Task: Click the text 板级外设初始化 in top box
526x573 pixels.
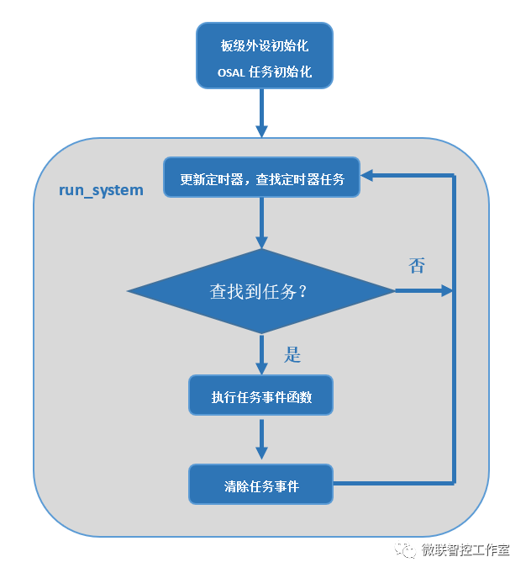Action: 265,46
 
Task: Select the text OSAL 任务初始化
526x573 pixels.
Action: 265,72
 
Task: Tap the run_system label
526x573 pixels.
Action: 101,190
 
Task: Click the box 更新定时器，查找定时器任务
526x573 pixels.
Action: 261,178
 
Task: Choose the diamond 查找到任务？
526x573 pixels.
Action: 260,291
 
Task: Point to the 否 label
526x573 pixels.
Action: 416,267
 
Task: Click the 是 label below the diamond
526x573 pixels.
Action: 292,355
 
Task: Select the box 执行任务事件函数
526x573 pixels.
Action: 261,395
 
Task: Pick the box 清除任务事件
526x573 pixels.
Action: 261,485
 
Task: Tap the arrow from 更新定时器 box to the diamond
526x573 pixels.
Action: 261,223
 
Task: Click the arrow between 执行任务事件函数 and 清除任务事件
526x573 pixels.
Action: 261,439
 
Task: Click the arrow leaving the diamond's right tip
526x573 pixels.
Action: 423,291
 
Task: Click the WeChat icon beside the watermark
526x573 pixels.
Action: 407,550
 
